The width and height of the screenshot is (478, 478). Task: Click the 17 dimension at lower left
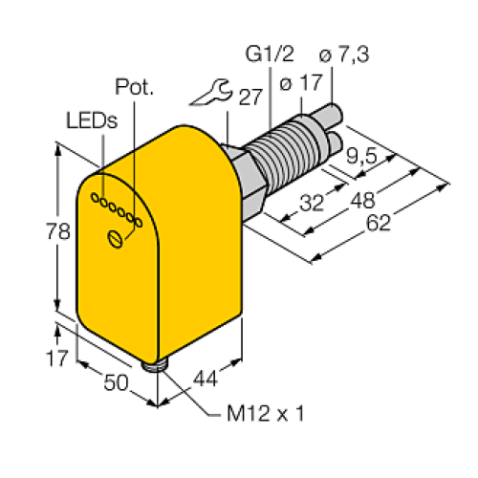coord(32,359)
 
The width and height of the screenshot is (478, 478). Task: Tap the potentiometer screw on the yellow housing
coord(118,239)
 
